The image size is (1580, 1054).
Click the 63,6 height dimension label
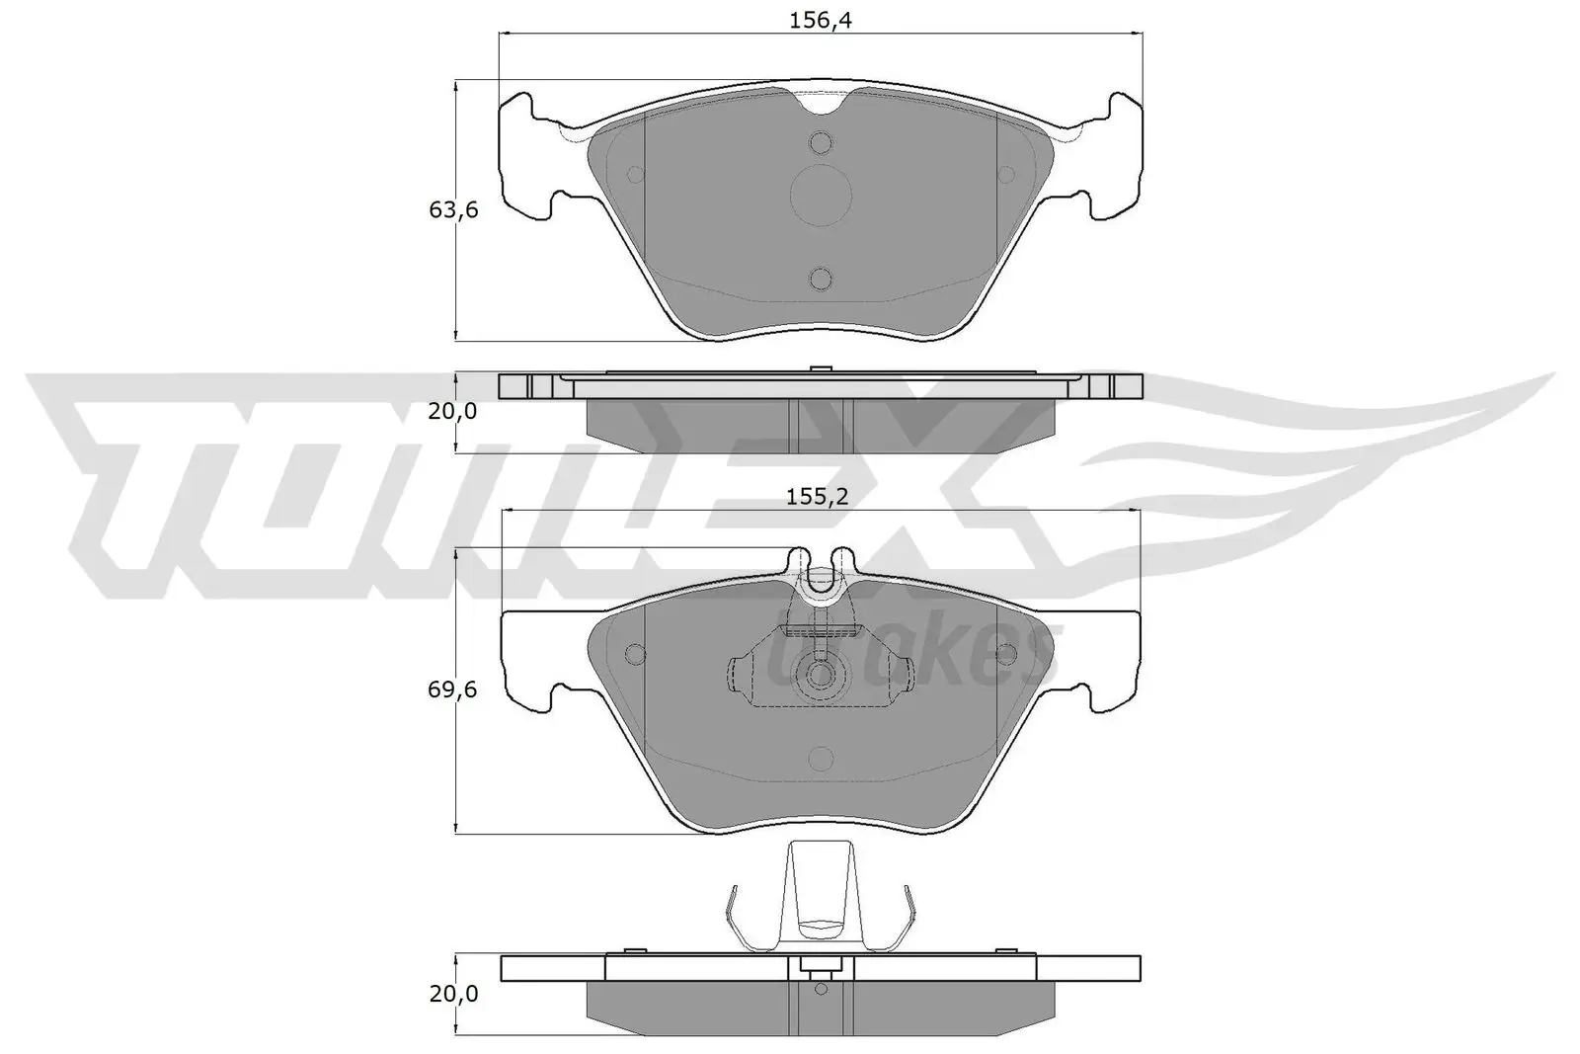[452, 209]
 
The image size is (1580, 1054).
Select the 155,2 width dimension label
[817, 497]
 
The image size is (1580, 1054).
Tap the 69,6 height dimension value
[452, 689]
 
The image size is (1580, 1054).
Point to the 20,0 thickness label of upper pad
[452, 410]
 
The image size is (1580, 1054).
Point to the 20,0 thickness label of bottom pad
[452, 994]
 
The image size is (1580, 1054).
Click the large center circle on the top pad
[822, 195]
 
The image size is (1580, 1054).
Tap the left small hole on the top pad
[635, 175]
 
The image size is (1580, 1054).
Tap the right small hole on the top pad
[1006, 175]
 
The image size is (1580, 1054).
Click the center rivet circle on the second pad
[821, 675]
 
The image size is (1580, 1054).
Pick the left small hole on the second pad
[635, 654]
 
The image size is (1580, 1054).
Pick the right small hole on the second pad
[1006, 654]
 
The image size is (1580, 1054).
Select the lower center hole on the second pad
[821, 759]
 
